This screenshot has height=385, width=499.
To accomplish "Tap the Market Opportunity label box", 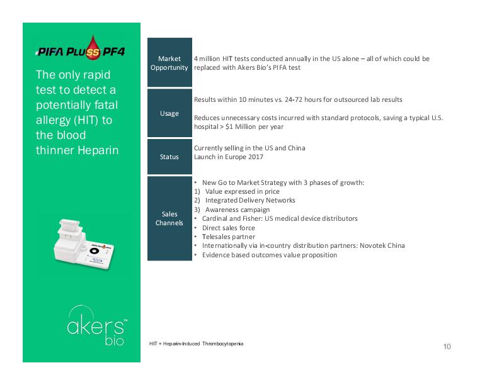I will tap(169, 63).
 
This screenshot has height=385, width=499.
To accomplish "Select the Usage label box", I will tap(169, 113).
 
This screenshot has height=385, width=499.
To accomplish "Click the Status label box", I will tap(169, 157).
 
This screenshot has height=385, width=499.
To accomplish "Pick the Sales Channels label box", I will tap(169, 218).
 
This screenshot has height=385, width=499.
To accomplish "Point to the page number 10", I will tap(447, 347).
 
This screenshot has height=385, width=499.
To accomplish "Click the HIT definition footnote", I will tap(196, 344).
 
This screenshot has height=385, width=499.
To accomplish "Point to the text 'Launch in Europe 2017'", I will tap(228, 157).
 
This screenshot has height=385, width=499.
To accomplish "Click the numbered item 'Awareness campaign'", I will tap(238, 209).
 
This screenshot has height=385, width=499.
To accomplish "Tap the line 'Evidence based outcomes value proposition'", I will tap(270, 255).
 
